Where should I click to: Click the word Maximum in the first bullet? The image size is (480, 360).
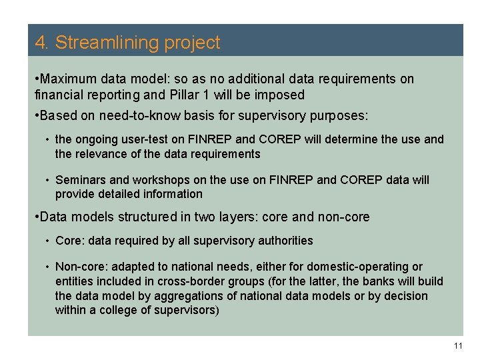pyautogui.click(x=67, y=79)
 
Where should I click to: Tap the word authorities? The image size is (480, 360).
pyautogui.click(x=283, y=240)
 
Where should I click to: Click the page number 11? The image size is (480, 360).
pyautogui.click(x=457, y=345)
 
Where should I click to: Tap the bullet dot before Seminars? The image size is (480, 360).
pyautogui.click(x=48, y=180)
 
